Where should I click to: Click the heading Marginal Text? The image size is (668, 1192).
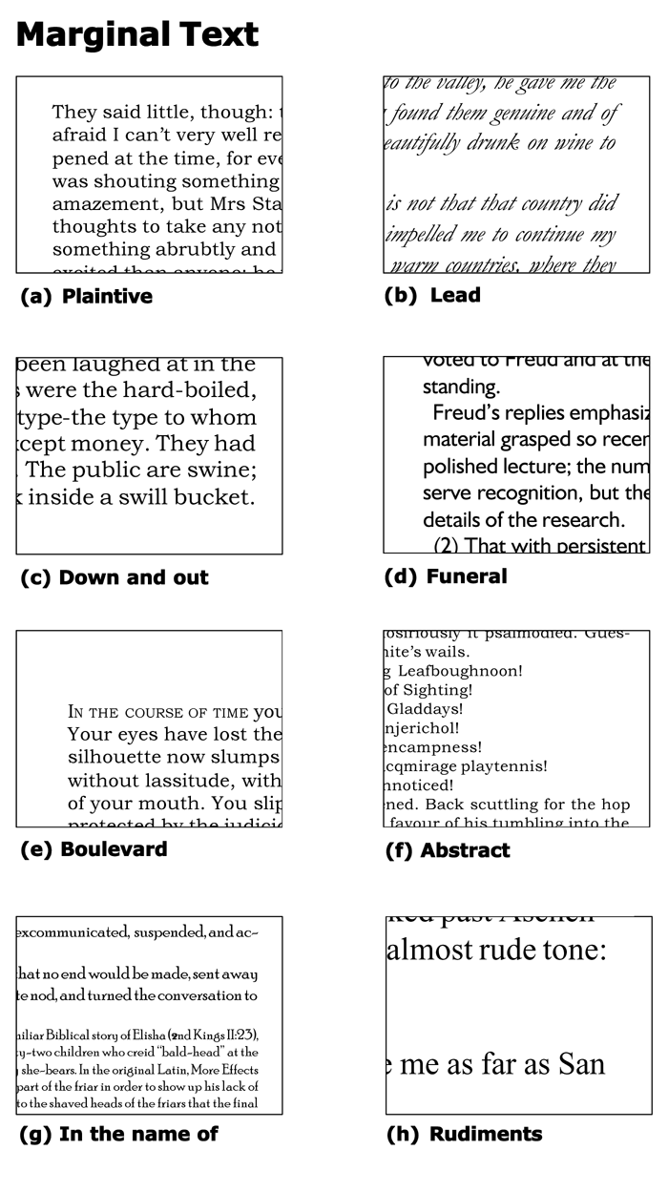(137, 35)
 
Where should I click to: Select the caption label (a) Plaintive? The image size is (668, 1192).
(87, 296)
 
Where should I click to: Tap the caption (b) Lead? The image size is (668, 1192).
(432, 295)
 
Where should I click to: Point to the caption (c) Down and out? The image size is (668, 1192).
(115, 577)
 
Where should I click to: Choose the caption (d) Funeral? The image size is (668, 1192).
(446, 576)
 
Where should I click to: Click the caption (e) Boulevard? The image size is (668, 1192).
(94, 849)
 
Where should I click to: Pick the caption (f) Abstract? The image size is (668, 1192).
(448, 850)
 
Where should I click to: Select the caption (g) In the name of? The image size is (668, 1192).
(119, 1134)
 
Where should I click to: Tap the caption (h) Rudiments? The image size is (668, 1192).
(464, 1134)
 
